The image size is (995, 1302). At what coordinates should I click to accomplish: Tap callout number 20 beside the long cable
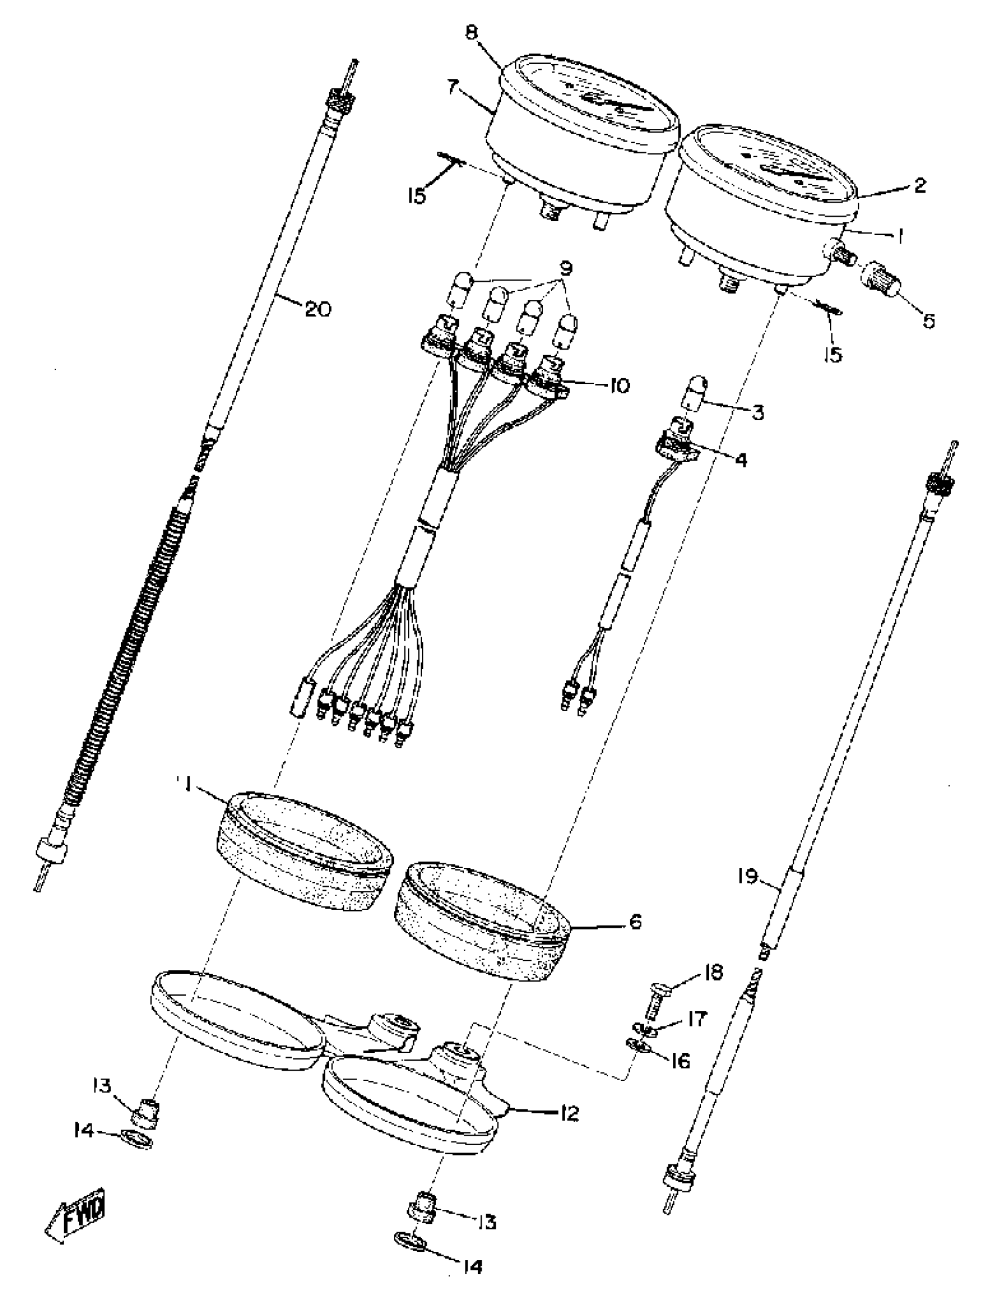coord(317,309)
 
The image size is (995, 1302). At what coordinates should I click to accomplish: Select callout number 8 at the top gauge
coord(471,33)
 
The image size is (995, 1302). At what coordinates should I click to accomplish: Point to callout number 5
coord(928,321)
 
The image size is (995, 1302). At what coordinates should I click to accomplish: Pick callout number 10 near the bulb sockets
coord(618,386)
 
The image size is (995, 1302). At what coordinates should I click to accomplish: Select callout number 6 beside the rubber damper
coord(634,922)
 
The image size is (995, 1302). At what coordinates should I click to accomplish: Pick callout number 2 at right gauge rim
coord(919,186)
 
